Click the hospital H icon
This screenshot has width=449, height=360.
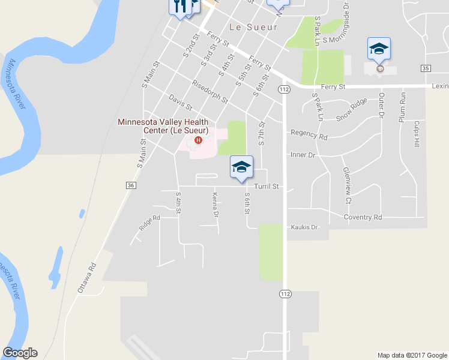(198, 140)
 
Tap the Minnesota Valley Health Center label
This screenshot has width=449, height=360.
(163, 126)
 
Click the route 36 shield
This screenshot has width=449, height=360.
(131, 186)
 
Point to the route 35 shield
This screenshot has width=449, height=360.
(425, 68)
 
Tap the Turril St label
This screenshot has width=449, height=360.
(267, 187)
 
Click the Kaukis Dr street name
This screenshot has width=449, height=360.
(304, 227)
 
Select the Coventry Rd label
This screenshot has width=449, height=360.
(363, 217)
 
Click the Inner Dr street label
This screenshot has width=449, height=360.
(303, 155)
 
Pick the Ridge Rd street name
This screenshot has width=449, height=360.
(149, 223)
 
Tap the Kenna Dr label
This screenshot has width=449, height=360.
(214, 204)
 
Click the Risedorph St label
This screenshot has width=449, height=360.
(210, 91)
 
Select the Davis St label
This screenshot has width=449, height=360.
(180, 102)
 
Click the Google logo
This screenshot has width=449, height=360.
(20, 353)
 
